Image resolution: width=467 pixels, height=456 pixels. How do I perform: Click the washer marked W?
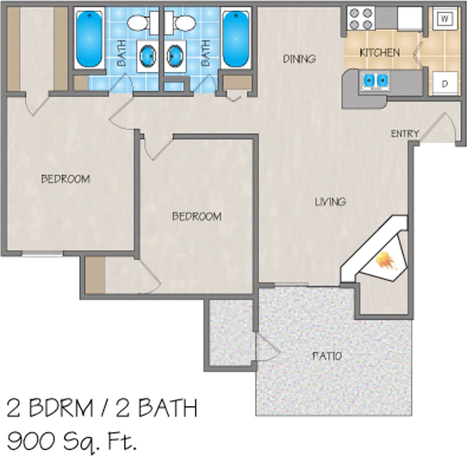[445, 18]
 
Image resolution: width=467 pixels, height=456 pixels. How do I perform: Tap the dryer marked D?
[445, 83]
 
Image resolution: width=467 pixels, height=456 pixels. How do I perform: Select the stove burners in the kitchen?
[361, 18]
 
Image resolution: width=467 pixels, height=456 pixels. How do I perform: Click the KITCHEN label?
[380, 52]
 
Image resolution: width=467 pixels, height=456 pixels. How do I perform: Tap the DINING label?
[299, 59]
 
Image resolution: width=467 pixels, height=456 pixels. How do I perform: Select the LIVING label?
[331, 201]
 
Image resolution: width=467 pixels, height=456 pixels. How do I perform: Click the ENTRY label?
[405, 133]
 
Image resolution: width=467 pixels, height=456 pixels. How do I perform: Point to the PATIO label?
[327, 356]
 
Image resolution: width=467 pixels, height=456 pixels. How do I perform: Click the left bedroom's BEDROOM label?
[65, 179]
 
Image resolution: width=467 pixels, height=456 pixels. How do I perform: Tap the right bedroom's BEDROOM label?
[197, 216]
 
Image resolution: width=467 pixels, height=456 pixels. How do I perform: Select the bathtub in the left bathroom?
[89, 38]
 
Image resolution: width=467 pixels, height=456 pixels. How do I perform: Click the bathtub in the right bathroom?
[236, 38]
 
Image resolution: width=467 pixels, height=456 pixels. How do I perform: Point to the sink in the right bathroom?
[175, 56]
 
